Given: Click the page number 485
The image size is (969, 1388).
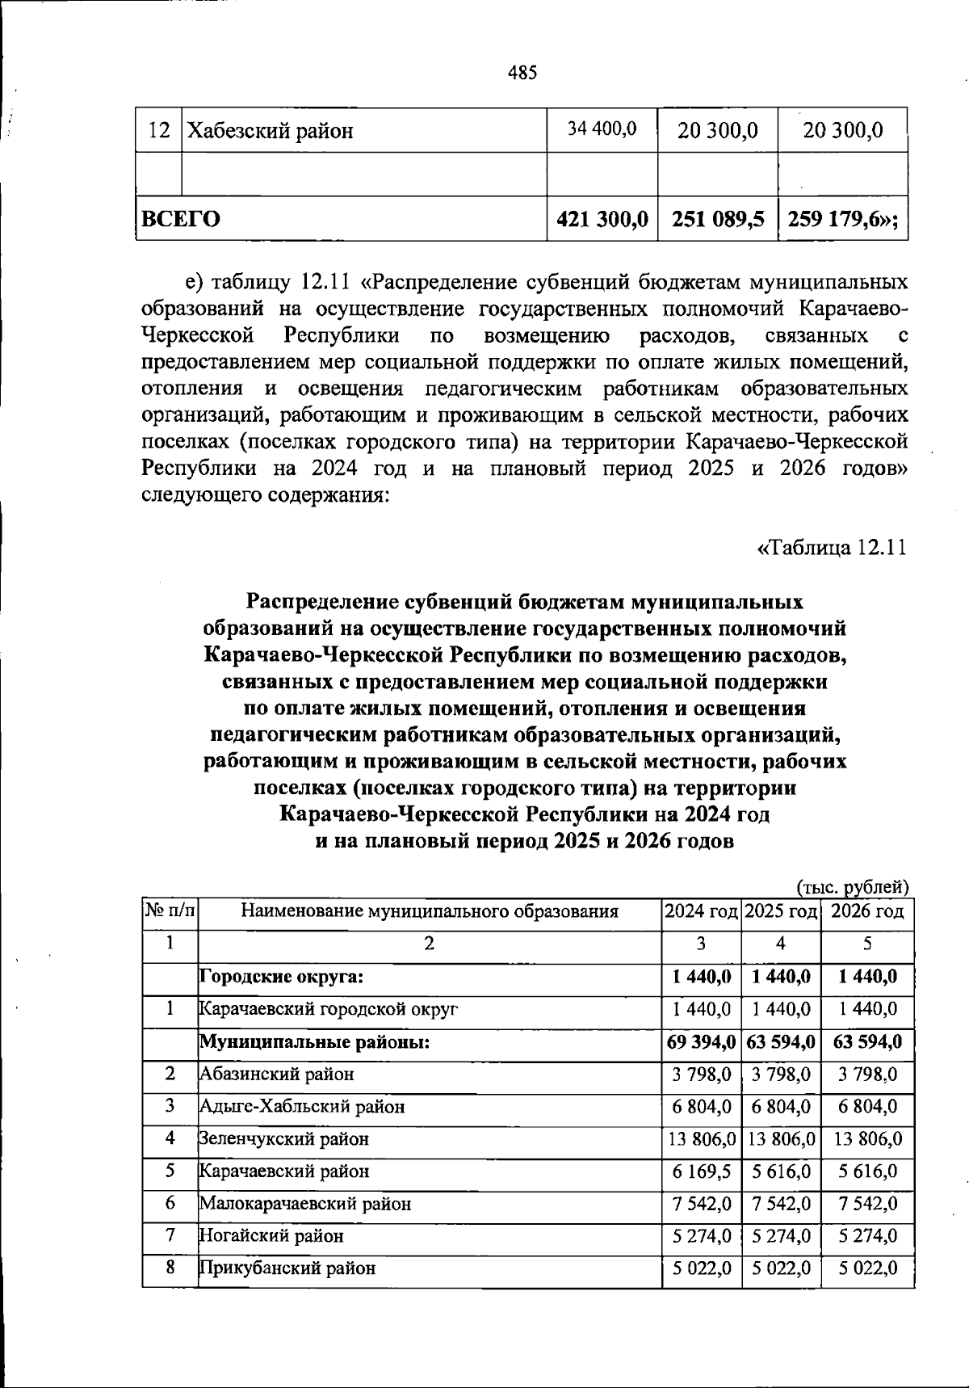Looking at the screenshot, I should (522, 74).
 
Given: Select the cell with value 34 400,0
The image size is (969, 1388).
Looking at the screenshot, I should (602, 128).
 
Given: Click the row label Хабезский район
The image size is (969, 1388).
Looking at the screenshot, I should (271, 131).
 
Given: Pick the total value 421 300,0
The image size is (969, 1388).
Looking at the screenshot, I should (602, 219).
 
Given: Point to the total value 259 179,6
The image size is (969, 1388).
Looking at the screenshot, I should (841, 219).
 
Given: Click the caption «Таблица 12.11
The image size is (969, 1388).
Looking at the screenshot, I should (832, 548).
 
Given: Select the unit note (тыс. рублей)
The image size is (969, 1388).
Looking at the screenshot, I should (854, 886).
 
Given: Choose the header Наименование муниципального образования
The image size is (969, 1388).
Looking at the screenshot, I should (430, 912).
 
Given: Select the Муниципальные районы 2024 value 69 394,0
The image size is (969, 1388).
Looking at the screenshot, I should (700, 1041).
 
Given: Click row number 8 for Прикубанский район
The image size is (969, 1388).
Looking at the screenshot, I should (170, 1268).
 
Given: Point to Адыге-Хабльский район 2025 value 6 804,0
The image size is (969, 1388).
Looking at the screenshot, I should (781, 1106).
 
